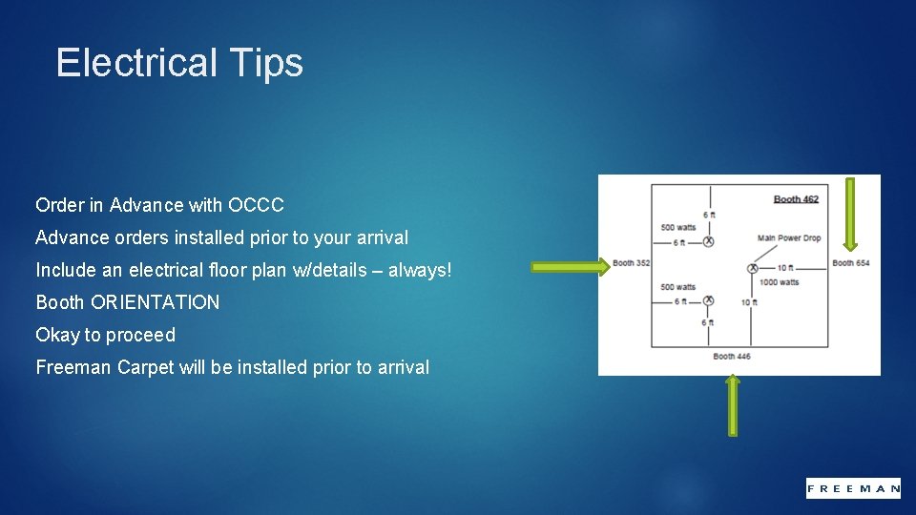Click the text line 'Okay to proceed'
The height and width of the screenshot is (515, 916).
click(x=105, y=335)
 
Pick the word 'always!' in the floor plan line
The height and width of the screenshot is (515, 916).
click(x=419, y=270)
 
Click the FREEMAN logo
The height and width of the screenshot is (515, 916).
click(x=853, y=487)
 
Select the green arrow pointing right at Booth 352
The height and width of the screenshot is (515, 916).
click(x=570, y=268)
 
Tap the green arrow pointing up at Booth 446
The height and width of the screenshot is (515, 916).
click(x=732, y=405)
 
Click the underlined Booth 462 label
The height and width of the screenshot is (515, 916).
click(x=795, y=199)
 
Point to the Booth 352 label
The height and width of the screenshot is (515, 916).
click(x=631, y=263)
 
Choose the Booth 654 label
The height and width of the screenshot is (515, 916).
click(x=850, y=263)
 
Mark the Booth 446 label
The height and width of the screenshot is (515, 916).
click(x=732, y=357)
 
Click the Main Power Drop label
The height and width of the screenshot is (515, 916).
click(x=788, y=238)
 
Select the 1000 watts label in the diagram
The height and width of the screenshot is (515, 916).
click(x=780, y=282)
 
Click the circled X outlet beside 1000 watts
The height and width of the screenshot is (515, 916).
click(x=752, y=269)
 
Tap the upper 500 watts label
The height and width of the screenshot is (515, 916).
click(x=677, y=228)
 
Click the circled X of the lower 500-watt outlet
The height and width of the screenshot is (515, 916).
click(x=708, y=301)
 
